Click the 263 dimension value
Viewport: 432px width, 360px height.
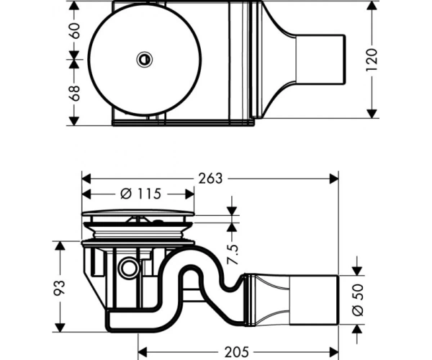coord(210,179)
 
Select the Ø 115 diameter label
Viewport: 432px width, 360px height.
coord(140,194)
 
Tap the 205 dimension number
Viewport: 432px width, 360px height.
coord(237,352)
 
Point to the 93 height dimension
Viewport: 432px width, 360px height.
coord(59,288)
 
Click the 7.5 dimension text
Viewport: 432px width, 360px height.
coord(233,254)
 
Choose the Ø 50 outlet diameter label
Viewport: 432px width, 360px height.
coord(358,300)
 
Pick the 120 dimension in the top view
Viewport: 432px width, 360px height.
coord(372,60)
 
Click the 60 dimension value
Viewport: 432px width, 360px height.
coord(74,30)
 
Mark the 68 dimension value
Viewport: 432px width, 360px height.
coord(74,93)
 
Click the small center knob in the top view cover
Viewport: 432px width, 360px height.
coord(145,60)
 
